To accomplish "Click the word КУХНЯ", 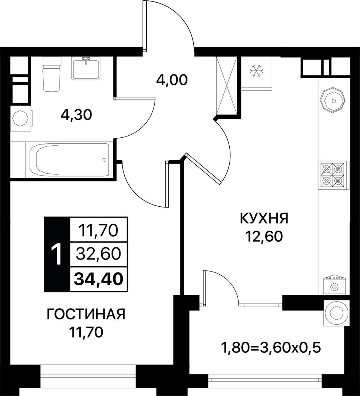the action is (x=264, y=218).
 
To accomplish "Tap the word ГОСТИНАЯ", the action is (x=86, y=315).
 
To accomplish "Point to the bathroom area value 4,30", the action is (x=76, y=115).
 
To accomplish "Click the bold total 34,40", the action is (x=99, y=279).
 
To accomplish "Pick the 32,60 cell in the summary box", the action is (x=99, y=254).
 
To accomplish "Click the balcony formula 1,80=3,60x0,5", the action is (x=271, y=348).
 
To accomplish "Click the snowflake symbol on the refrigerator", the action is (x=256, y=71).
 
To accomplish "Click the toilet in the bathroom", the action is (x=52, y=74).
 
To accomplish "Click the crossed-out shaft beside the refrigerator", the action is (x=227, y=86).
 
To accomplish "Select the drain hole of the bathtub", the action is (x=105, y=160).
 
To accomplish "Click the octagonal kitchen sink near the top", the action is (x=332, y=100).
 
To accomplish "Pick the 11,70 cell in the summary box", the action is (x=99, y=230).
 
